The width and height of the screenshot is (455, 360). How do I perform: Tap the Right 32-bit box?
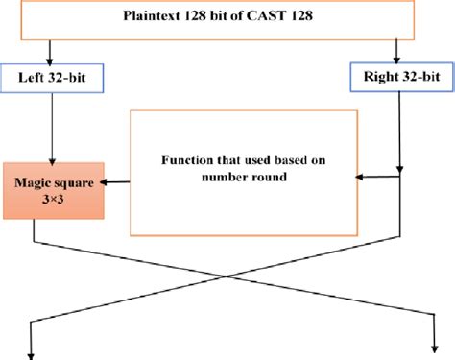(x=397, y=77)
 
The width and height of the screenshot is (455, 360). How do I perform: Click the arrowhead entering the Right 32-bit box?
(x=397, y=59)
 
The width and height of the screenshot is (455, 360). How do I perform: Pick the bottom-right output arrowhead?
(x=430, y=352)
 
